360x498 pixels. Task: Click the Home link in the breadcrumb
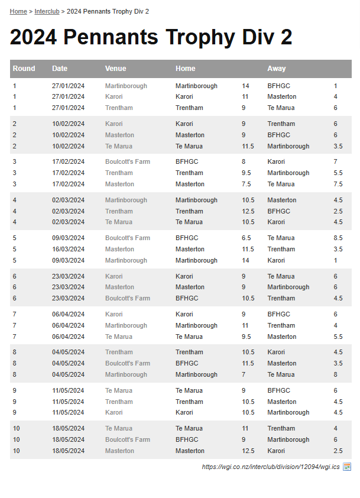pos(18,11)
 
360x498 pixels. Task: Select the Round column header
pos(24,69)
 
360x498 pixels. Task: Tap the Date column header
pos(60,69)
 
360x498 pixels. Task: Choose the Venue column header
pos(115,69)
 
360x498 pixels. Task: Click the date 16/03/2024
pos(68,249)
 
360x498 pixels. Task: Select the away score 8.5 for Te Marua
pos(338,238)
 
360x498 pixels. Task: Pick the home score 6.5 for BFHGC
pos(246,238)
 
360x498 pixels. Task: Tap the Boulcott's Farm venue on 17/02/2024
pos(127,161)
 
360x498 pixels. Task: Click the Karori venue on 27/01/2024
pos(113,96)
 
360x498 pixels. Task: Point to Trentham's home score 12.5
pos(248,211)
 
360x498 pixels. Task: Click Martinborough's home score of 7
pos(244,374)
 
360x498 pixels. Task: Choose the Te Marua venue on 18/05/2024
pos(118,428)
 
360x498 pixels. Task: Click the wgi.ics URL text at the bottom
pos(271,467)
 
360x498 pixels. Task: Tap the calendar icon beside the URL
pos(347,467)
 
